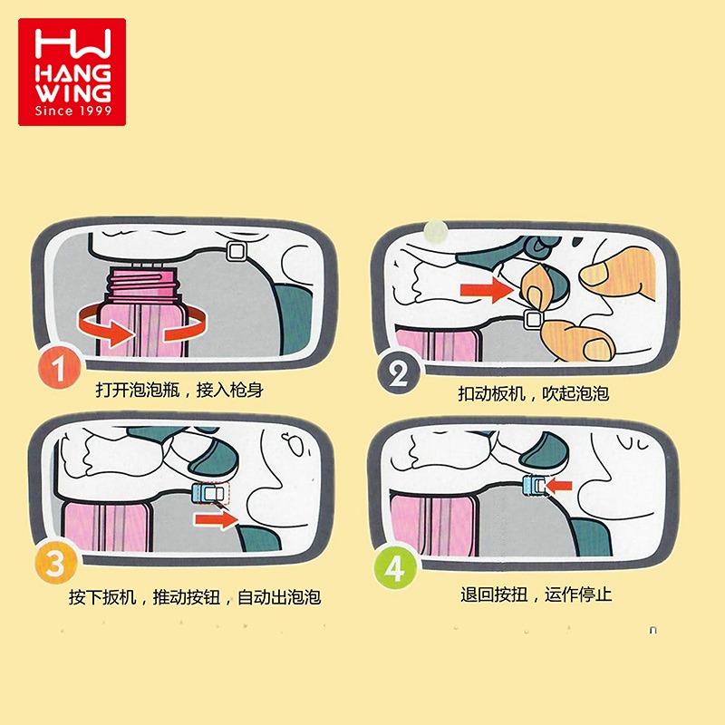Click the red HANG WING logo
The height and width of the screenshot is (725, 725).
[72, 72]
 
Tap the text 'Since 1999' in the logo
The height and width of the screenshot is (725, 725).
[73, 111]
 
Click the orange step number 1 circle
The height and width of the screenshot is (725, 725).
[59, 368]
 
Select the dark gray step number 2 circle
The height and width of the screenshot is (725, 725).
[399, 372]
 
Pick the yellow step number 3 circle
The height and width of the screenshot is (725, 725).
[56, 563]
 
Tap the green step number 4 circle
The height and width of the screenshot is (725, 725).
[395, 567]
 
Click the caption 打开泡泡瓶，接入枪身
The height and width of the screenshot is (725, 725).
[179, 390]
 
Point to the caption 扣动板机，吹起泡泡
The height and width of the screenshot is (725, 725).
[533, 393]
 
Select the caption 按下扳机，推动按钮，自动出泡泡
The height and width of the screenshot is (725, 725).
[195, 597]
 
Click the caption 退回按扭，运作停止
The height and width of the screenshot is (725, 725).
[536, 594]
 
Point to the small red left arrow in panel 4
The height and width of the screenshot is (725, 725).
[559, 486]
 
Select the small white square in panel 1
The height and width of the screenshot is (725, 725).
[237, 252]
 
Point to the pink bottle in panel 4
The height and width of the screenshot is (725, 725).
[434, 525]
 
